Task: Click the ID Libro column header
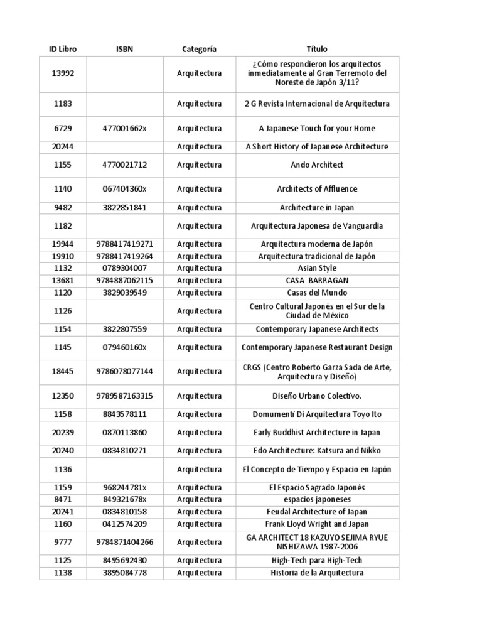(63, 49)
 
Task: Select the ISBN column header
(124, 49)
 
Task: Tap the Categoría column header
(199, 49)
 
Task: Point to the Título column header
(317, 49)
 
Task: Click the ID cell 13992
(63, 73)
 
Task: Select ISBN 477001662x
(124, 128)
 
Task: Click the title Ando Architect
(317, 165)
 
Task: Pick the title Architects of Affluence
(317, 188)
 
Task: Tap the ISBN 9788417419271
(124, 244)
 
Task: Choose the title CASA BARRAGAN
(317, 280)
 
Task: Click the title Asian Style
(317, 268)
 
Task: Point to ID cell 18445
(63, 371)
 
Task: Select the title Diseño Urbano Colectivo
(317, 396)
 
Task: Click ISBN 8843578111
(124, 414)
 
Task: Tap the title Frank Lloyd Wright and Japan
(317, 524)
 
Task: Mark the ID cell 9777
(63, 542)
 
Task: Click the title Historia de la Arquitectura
(317, 573)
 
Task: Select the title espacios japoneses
(317, 499)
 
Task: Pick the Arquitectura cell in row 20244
(199, 146)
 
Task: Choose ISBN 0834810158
(124, 512)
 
